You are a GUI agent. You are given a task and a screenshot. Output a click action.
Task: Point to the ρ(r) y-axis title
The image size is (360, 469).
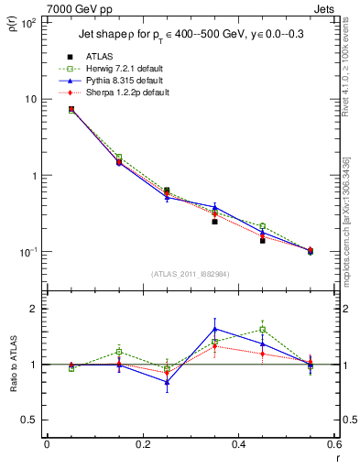pos(12,22)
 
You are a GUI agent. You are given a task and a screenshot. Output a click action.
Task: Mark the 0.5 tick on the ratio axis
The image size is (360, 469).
pos(33,420)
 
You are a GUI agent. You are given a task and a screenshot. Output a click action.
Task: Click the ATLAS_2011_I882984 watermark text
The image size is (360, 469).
pos(190,274)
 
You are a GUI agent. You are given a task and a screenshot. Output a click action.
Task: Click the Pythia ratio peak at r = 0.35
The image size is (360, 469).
pos(214,329)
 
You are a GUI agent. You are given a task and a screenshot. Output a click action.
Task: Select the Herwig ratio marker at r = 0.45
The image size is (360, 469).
pos(262,330)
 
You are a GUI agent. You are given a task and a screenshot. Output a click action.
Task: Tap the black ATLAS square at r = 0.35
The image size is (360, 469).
pos(214,222)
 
